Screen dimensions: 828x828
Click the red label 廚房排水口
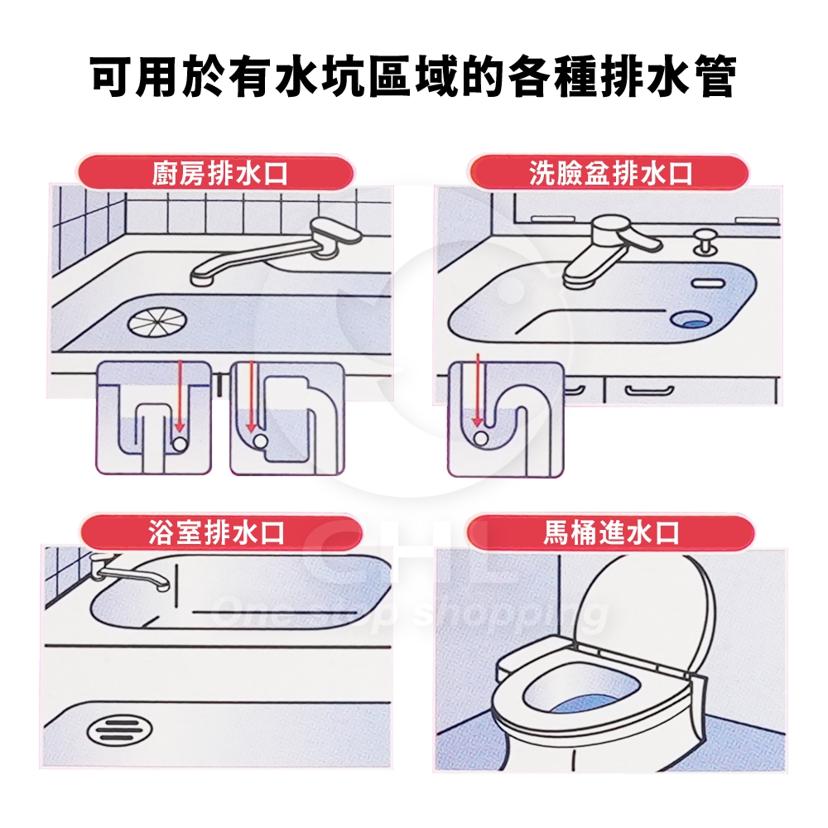pyautogui.click(x=216, y=173)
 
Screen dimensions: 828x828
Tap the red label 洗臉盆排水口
pyautogui.click(x=609, y=173)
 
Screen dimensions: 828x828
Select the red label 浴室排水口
pyautogui.click(x=220, y=532)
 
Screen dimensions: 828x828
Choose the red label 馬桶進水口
pyautogui.click(x=610, y=532)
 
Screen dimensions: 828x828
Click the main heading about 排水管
pyautogui.click(x=413, y=78)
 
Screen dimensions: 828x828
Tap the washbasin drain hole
pyautogui.click(x=691, y=319)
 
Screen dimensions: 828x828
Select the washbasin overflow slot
pyautogui.click(x=708, y=283)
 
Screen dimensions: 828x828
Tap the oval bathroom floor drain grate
pyautogui.click(x=119, y=730)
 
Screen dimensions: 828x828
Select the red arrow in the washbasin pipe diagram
pyautogui.click(x=478, y=390)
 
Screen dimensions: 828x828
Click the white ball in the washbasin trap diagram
pyautogui.click(x=480, y=437)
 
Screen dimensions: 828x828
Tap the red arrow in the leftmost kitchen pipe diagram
pyautogui.click(x=180, y=396)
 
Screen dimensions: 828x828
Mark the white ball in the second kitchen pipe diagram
pyautogui.click(x=260, y=440)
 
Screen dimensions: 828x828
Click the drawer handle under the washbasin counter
pyautogui.click(x=649, y=391)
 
